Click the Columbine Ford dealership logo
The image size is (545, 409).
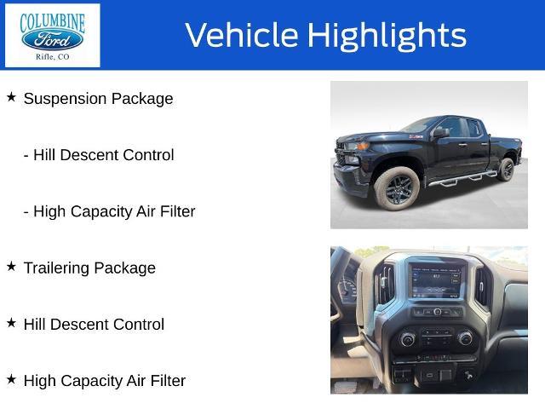tap(53, 36)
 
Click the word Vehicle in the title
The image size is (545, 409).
tap(242, 35)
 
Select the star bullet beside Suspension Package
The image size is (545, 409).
tap(11, 97)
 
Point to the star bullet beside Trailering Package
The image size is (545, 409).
tap(11, 267)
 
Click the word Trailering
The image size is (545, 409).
tap(56, 268)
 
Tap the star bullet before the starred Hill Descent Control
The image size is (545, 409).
tap(11, 323)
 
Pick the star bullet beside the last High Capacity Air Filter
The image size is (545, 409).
tap(11, 379)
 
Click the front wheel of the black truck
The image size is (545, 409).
tap(398, 189)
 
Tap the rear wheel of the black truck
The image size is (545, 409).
tap(506, 170)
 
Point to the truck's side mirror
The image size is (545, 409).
tap(440, 133)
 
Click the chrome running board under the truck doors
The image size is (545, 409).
tap(462, 179)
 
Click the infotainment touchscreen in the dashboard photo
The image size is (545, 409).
tap(437, 281)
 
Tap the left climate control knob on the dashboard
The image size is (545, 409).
tap(407, 339)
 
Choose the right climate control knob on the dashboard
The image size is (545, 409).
tap(465, 338)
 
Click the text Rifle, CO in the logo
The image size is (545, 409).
tap(53, 57)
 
